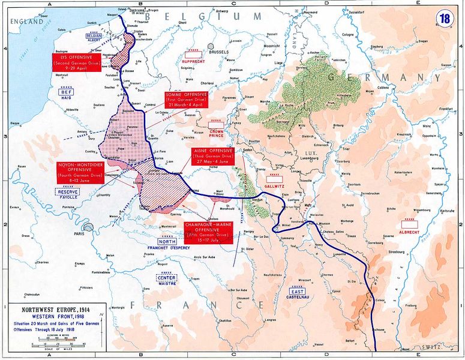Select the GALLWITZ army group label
(274, 183)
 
